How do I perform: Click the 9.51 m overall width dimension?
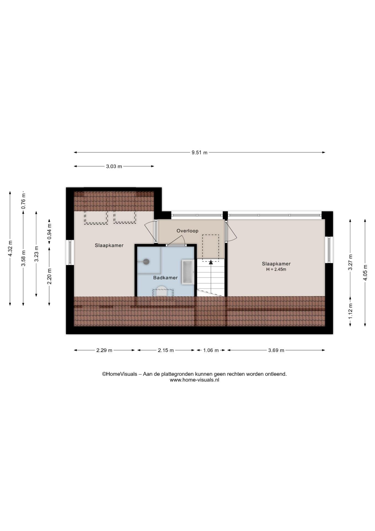pyautogui.click(x=199, y=152)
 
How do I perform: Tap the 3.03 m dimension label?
pyautogui.click(x=114, y=166)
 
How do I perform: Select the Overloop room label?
pyautogui.click(x=187, y=231)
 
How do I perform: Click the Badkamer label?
pyautogui.click(x=165, y=278)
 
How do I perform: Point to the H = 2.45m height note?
pyautogui.click(x=276, y=269)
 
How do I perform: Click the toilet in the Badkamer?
pyautogui.click(x=162, y=291)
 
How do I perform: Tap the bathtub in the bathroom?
pyautogui.click(x=188, y=272)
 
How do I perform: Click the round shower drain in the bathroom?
pyautogui.click(x=146, y=262)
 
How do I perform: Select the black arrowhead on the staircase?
pyautogui.click(x=211, y=262)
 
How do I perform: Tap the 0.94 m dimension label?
pyautogui.click(x=49, y=235)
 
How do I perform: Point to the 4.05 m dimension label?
pyautogui.click(x=365, y=272)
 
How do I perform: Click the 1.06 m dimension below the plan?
pyautogui.click(x=211, y=350)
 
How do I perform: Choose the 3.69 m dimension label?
pyautogui.click(x=276, y=350)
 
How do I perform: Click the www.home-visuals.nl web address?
pyautogui.click(x=194, y=380)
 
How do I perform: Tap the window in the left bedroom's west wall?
pyautogui.click(x=70, y=253)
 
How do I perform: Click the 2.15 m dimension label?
pyautogui.click(x=166, y=350)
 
